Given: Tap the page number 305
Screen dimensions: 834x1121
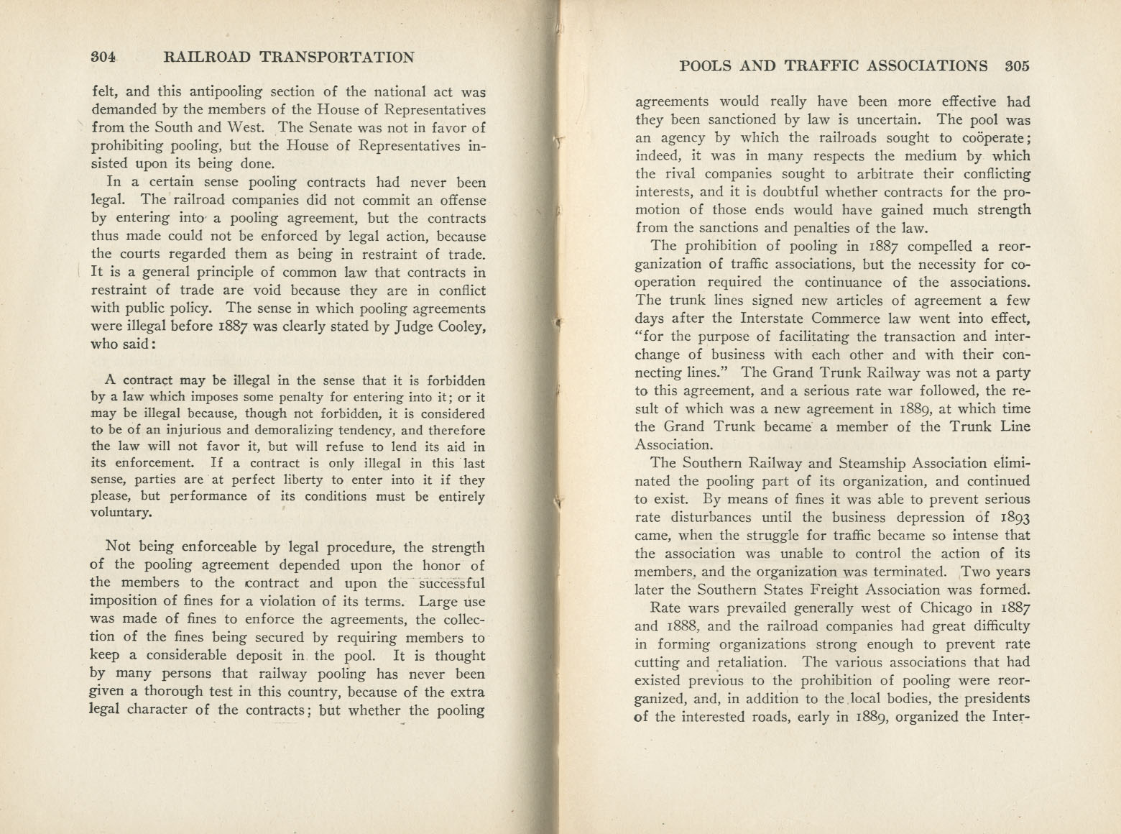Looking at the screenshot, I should [x=1018, y=66].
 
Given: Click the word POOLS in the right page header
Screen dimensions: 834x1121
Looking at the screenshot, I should [x=705, y=66].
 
